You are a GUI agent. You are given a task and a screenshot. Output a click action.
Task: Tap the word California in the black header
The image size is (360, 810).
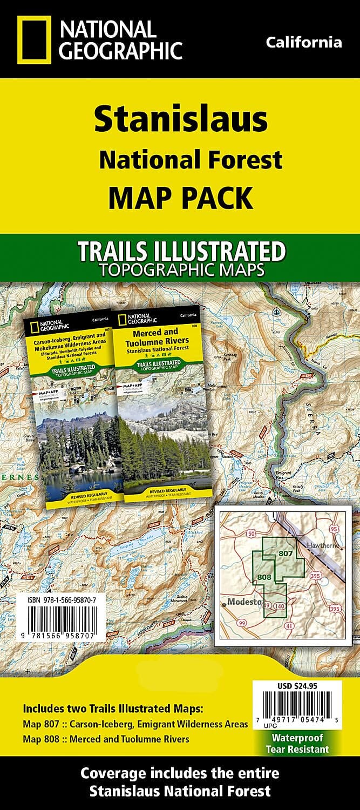pyautogui.click(x=304, y=43)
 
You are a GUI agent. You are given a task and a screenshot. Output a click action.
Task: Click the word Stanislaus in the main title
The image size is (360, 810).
pyautogui.click(x=181, y=120)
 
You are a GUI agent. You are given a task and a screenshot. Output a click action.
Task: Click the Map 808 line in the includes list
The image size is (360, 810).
pyautogui.click(x=106, y=739)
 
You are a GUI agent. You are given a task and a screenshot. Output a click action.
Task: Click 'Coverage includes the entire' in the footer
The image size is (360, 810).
pyautogui.click(x=180, y=773)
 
